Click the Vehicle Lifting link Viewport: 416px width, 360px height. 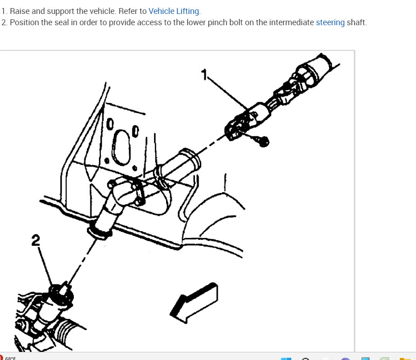tap(173, 11)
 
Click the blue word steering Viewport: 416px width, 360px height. tap(330, 22)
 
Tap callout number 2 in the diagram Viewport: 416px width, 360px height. tap(36, 240)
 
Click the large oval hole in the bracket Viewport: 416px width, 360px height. tap(122, 147)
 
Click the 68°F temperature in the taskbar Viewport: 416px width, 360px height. tap(10, 358)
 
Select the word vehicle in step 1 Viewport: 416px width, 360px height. tap(103, 11)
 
